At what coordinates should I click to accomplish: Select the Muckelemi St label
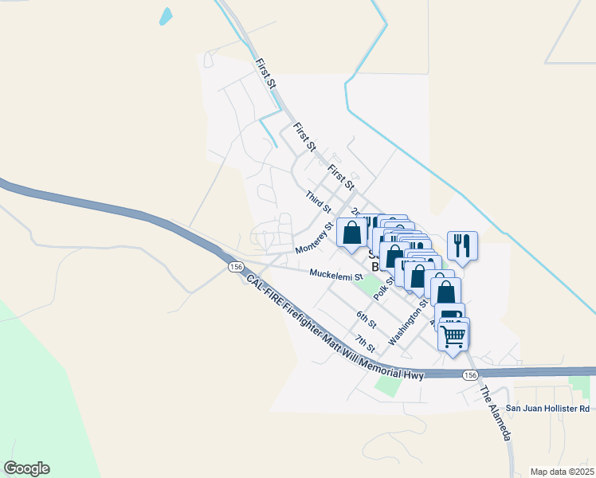point(336,275)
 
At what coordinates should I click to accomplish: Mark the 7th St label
point(366,343)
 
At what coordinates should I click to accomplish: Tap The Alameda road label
point(495,413)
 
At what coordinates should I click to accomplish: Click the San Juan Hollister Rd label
point(552,409)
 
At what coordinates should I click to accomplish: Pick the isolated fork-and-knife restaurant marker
point(461,246)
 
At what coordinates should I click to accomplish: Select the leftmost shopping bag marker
point(351,233)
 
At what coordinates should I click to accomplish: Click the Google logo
point(27,468)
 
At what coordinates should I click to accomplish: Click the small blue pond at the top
point(166,16)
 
